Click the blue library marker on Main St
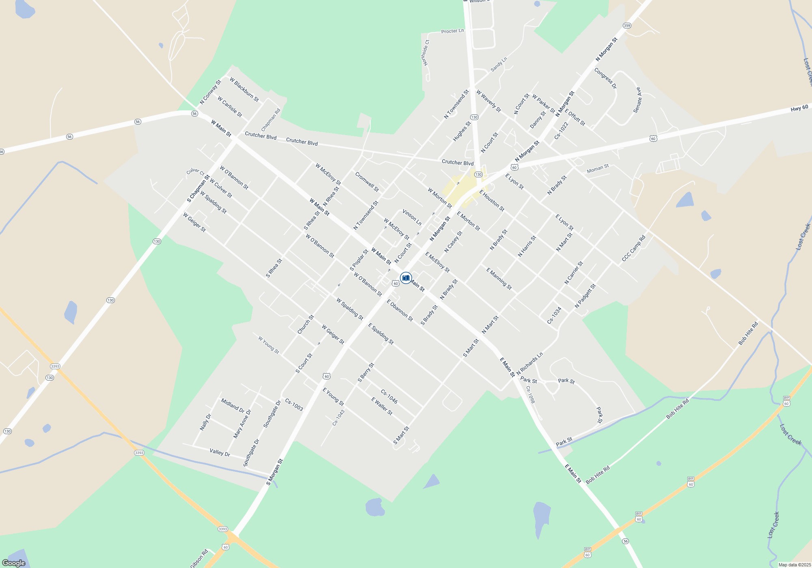(x=406, y=278)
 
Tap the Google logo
(x=14, y=563)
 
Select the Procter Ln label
(x=452, y=31)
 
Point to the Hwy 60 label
(x=799, y=108)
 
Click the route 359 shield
(x=627, y=26)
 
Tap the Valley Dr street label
(x=220, y=452)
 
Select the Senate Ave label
(x=637, y=100)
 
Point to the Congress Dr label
(x=605, y=78)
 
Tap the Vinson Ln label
(x=412, y=217)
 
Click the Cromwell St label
(x=367, y=182)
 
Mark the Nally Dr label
(x=205, y=422)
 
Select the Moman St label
(x=598, y=168)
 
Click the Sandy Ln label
(x=499, y=65)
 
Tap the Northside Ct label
(x=425, y=53)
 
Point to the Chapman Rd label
(x=271, y=120)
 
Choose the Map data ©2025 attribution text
(x=795, y=565)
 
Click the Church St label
(x=306, y=325)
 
